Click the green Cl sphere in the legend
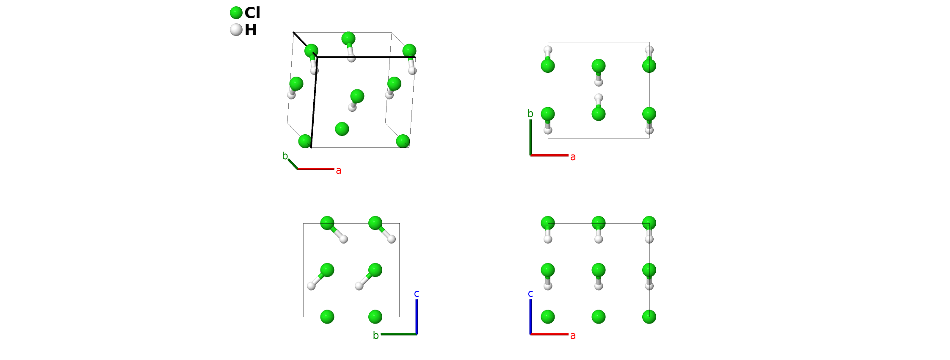[x=236, y=13]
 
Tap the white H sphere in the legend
[x=236, y=30]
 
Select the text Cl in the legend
[x=252, y=13]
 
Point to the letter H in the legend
[x=251, y=30]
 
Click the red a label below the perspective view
[x=339, y=171]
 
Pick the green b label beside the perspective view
[x=285, y=156]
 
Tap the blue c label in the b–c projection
[x=417, y=294]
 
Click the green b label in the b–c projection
[x=376, y=335]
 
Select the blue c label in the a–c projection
[x=530, y=294]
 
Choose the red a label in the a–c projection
[x=573, y=336]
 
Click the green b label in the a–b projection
[x=530, y=114]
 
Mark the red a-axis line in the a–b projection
[x=549, y=155]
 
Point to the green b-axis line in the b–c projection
[x=398, y=334]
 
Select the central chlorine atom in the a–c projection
[x=598, y=270]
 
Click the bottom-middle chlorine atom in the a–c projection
[x=598, y=316]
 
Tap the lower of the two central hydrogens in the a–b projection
[x=598, y=98]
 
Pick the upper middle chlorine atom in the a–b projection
[x=598, y=66]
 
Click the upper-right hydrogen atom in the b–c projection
[x=392, y=239]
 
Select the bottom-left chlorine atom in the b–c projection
[x=327, y=316]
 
